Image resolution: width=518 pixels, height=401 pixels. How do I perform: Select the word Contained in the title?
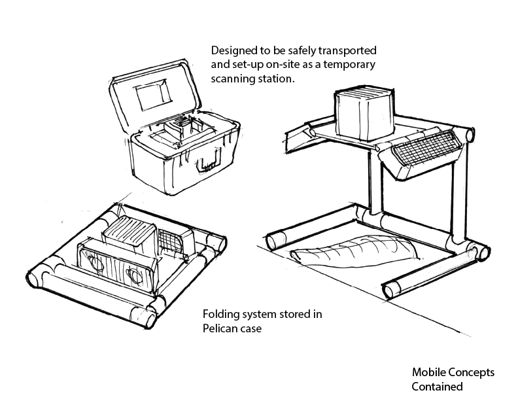(x=437, y=386)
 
